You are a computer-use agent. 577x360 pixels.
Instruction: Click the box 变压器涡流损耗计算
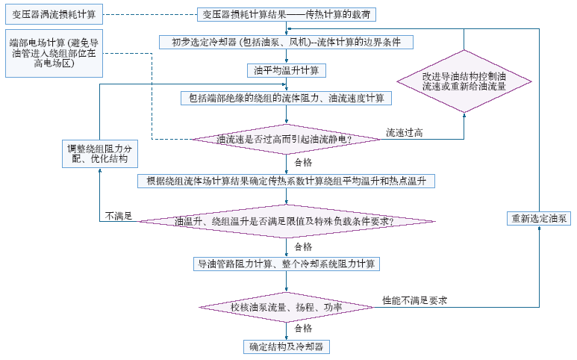click(x=54, y=14)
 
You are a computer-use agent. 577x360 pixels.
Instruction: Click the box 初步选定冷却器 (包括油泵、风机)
click(x=285, y=42)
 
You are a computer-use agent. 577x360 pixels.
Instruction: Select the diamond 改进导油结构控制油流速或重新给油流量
click(x=464, y=81)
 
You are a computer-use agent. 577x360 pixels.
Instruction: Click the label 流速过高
click(x=405, y=133)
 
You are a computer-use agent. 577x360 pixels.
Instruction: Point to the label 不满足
click(x=119, y=216)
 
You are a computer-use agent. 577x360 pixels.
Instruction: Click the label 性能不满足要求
click(x=414, y=300)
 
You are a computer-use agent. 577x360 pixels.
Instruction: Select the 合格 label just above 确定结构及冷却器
click(x=303, y=328)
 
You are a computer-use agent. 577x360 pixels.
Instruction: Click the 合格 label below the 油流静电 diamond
click(x=303, y=161)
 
